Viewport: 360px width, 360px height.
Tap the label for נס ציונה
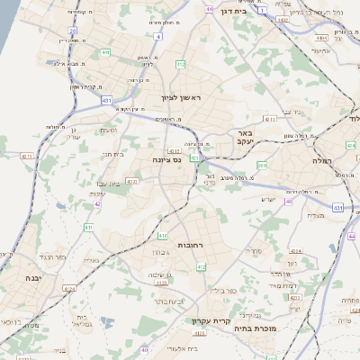tap(166, 159)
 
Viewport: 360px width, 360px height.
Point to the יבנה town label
tap(20, 277)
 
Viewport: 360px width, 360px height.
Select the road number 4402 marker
tap(283, 19)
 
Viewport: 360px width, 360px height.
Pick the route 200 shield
tap(261, 166)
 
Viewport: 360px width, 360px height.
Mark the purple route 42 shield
tap(97, 203)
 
